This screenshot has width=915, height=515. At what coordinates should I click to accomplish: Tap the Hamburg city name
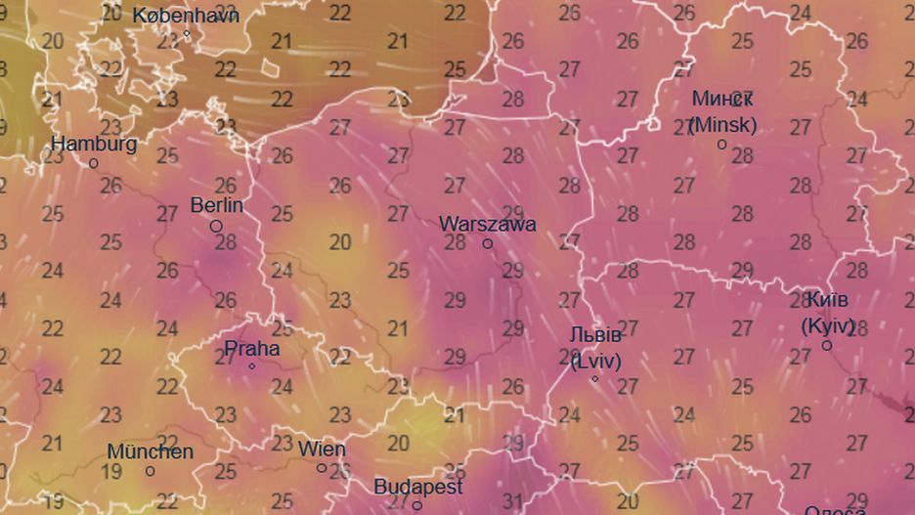(94, 144)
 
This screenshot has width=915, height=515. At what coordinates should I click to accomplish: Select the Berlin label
(217, 205)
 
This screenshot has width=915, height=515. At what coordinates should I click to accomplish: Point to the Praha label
(252, 348)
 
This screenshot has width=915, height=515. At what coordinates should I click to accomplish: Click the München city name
(151, 451)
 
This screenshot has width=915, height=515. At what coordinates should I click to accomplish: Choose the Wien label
(322, 450)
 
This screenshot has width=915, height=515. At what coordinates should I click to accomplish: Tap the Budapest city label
(418, 486)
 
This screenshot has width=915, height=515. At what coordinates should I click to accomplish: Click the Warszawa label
(488, 223)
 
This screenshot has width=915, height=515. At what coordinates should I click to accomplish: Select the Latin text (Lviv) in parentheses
(595, 361)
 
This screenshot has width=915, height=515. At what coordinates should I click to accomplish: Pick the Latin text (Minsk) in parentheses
(722, 125)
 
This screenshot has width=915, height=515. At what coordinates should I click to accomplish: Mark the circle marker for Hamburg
(94, 163)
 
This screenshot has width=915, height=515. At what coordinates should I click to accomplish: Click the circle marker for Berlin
(216, 226)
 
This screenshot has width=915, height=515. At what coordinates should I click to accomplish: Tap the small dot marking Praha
(251, 366)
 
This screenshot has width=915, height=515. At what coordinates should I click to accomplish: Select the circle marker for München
(150, 471)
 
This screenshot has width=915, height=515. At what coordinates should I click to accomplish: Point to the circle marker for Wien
(322, 468)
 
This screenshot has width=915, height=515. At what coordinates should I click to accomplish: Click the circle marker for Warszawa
(488, 243)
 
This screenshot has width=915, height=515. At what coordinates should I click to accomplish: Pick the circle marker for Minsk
(722, 145)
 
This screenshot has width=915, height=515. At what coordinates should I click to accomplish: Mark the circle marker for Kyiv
(827, 345)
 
